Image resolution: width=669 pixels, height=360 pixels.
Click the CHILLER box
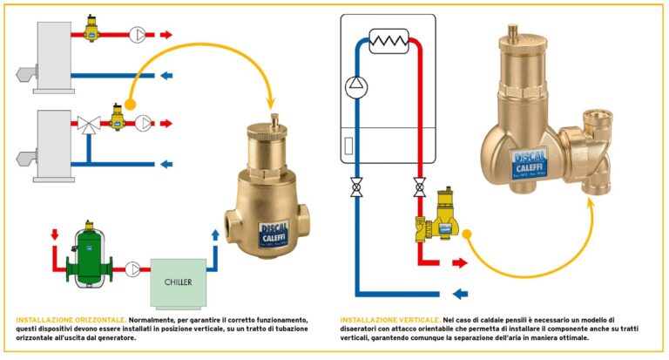(x=178, y=282)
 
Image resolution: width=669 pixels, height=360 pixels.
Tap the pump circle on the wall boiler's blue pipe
(x=355, y=85)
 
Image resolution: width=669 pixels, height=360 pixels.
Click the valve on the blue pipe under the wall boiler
(x=355, y=187)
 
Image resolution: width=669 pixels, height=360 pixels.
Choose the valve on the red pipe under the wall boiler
(x=419, y=187)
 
